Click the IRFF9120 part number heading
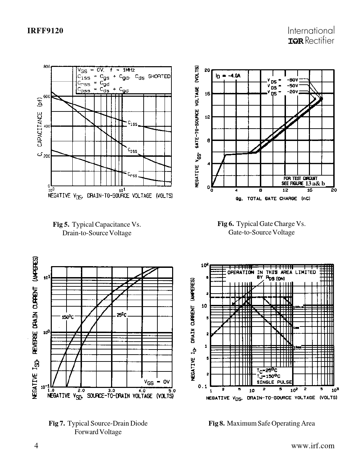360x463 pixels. click(45, 31)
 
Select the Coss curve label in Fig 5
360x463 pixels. click(132, 150)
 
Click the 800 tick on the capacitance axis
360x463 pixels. click(47, 67)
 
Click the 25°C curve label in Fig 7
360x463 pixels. click(122, 315)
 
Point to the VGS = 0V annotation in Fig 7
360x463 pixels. click(157, 381)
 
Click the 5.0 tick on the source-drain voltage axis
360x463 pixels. click(171, 390)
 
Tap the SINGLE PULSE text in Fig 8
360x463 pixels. click(274, 382)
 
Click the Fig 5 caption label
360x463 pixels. click(61, 225)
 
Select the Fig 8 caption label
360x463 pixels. click(217, 423)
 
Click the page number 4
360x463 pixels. click(36, 446)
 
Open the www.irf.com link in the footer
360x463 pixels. click(312, 446)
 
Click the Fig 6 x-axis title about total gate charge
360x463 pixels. click(273, 199)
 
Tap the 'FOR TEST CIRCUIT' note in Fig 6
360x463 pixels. click(298, 179)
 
